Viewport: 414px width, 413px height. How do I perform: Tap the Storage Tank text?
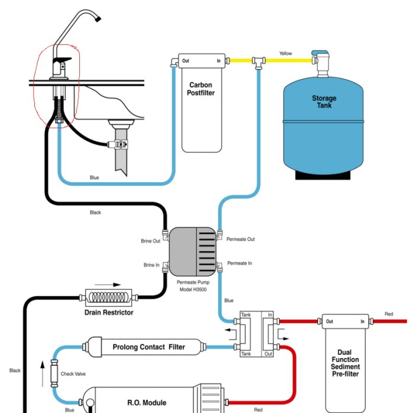[324, 102]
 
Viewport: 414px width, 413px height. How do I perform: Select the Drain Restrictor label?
[109, 312]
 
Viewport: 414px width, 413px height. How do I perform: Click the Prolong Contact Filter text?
[148, 347]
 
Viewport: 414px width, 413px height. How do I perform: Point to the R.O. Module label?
[147, 402]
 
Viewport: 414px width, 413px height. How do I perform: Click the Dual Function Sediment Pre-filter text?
[344, 362]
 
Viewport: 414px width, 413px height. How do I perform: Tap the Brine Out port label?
[151, 241]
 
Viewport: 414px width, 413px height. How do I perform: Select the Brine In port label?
[151, 265]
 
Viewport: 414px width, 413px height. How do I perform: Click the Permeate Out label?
[241, 239]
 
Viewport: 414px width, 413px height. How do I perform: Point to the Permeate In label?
[240, 263]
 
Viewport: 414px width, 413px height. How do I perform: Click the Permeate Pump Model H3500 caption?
[193, 286]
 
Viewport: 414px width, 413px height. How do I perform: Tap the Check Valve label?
[73, 373]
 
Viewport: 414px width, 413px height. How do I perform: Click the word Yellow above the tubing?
[286, 54]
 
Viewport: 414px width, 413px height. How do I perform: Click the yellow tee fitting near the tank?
[258, 61]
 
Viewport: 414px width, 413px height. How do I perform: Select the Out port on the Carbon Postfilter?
[185, 60]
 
